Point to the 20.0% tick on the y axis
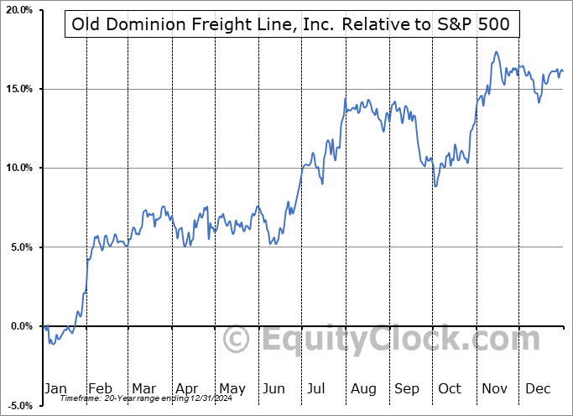18,10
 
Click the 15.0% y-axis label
18,89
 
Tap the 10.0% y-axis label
18,168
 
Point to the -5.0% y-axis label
20,405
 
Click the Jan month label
55,388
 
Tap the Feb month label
100,388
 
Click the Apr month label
186,388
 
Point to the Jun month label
273,388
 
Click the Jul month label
317,388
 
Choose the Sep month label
407,388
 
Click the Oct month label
451,388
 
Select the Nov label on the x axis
495,388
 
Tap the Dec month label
539,388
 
